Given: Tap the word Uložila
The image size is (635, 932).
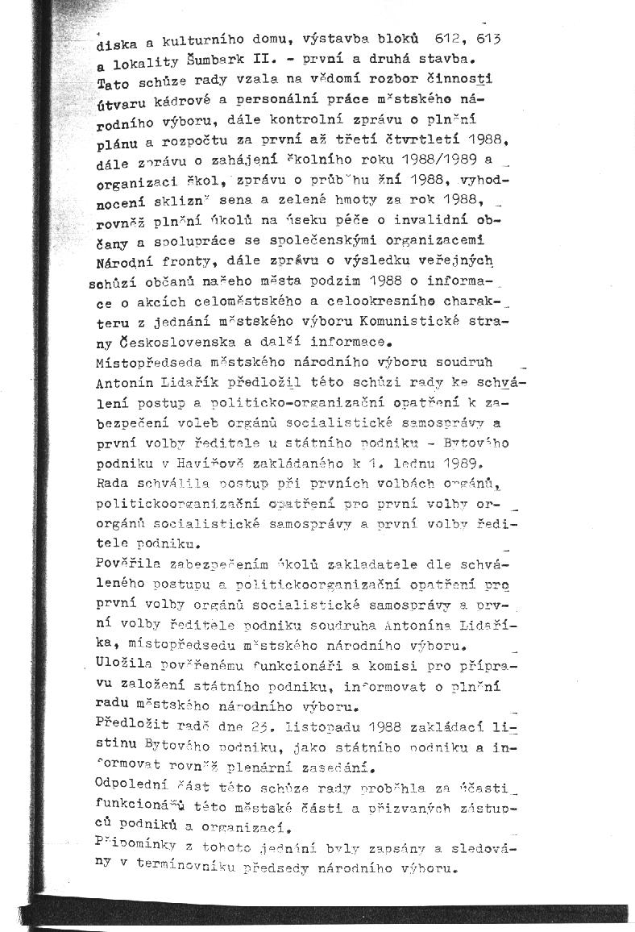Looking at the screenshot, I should [x=126, y=664].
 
